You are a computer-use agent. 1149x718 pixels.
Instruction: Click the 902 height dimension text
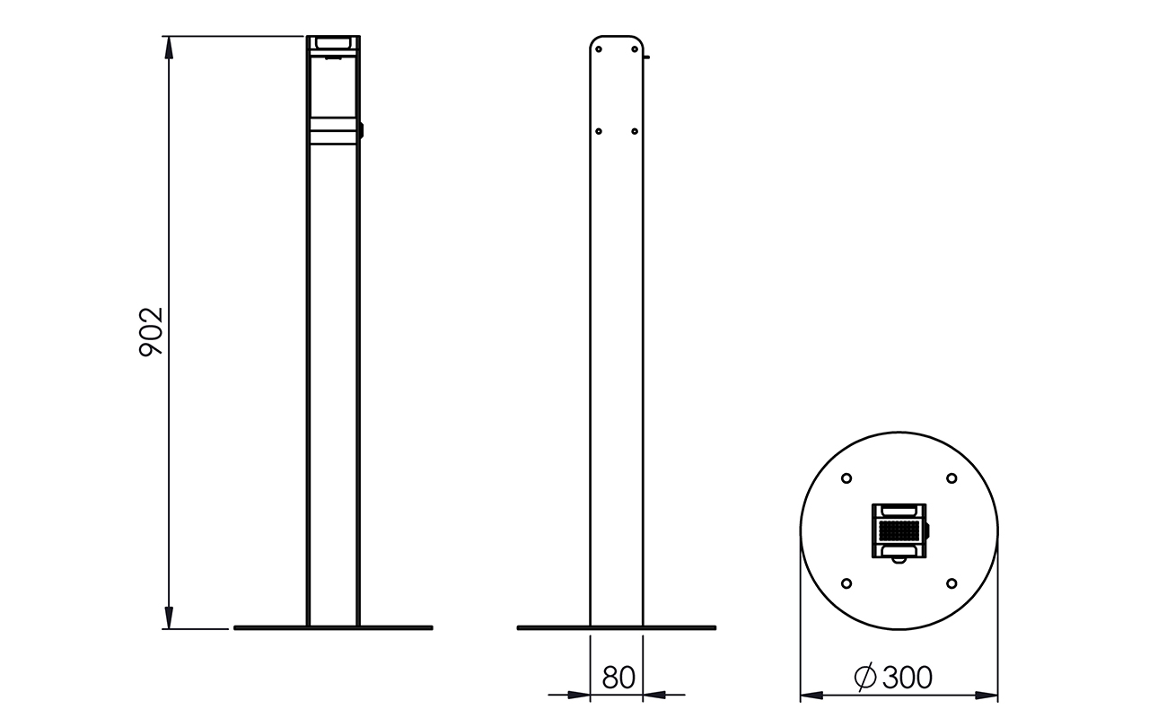coord(152,332)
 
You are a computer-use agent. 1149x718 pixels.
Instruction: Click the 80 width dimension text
coord(618,678)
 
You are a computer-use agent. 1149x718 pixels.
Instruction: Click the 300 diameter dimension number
coord(908,678)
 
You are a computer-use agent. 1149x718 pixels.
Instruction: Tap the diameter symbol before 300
coord(865,677)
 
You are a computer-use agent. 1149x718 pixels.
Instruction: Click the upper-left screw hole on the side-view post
coord(599,49)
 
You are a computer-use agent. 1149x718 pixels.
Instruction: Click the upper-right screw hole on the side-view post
coord(635,49)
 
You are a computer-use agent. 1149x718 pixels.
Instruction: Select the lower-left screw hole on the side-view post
coord(599,131)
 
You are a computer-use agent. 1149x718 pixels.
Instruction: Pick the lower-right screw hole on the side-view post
coord(635,131)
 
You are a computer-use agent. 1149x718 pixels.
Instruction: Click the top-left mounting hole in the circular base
coord(846,478)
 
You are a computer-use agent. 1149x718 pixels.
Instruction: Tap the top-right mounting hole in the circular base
coord(952,478)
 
